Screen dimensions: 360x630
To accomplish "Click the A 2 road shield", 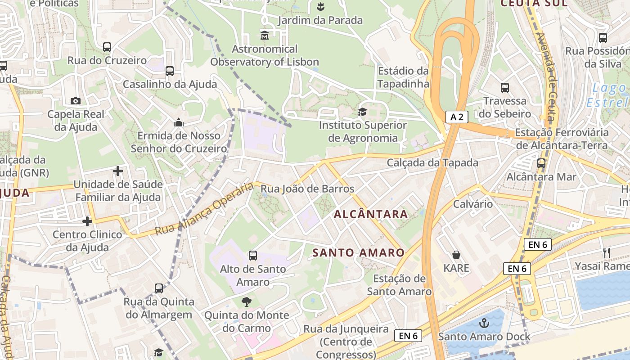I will pyautogui.click(x=457, y=117).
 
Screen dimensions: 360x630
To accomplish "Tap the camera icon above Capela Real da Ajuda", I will pyautogui.click(x=76, y=101).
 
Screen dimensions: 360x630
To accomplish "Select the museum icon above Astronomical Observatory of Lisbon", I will pyautogui.click(x=265, y=35).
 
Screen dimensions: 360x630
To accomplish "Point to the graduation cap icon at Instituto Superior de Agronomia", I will pyautogui.click(x=362, y=112).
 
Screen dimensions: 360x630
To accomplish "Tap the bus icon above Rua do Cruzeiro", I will pyautogui.click(x=107, y=47).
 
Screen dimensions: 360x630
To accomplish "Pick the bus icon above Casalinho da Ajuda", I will pyautogui.click(x=170, y=71).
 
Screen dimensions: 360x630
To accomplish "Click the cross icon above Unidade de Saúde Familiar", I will pyautogui.click(x=118, y=171).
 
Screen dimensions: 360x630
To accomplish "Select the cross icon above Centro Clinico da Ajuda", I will pyautogui.click(x=87, y=221).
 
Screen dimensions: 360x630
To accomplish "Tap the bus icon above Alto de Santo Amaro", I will pyautogui.click(x=253, y=256).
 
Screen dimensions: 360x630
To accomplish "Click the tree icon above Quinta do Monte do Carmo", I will pyautogui.click(x=246, y=301).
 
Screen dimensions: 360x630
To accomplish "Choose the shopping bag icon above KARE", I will pyautogui.click(x=456, y=255).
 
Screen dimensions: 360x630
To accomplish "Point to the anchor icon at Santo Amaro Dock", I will pyautogui.click(x=484, y=323).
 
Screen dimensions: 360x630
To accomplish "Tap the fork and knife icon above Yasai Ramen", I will pyautogui.click(x=607, y=253).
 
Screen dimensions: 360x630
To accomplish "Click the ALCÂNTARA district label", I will pyautogui.click(x=371, y=214).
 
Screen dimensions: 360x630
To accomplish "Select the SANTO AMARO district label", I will pyautogui.click(x=359, y=253).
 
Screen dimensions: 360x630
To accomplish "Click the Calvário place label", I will pyautogui.click(x=473, y=204).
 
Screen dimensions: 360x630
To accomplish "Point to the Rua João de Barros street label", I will pyautogui.click(x=308, y=189).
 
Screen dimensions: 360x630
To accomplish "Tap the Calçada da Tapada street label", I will pyautogui.click(x=432, y=162).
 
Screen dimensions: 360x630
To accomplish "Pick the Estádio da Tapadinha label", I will pyautogui.click(x=403, y=77).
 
